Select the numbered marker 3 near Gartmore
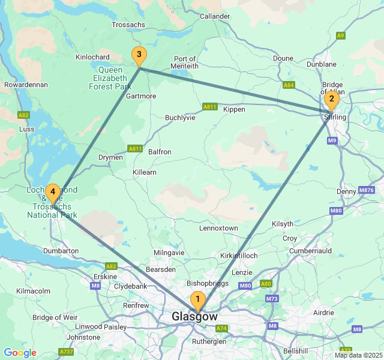(x=139, y=56)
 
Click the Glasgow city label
(x=194, y=316)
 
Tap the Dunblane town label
(x=322, y=64)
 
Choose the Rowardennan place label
(x=26, y=85)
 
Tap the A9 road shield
(x=341, y=35)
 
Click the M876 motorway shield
(x=366, y=190)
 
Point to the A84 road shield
(x=289, y=85)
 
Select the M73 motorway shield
(x=272, y=298)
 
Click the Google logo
(x=20, y=353)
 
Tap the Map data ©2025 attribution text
(x=358, y=355)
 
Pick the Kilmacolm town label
(x=33, y=290)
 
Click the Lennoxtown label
(x=218, y=228)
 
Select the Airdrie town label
(x=323, y=313)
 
